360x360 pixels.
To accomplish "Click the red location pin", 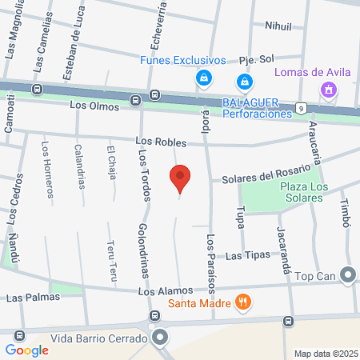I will (x=181, y=178).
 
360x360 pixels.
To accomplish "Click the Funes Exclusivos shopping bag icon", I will (x=204, y=78).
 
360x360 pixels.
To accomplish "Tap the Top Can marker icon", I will (x=347, y=276).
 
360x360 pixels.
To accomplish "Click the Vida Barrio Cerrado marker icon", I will (x=161, y=338).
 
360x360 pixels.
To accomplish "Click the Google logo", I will (x=27, y=350).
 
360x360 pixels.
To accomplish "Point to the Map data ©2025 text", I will (x=325, y=354).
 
